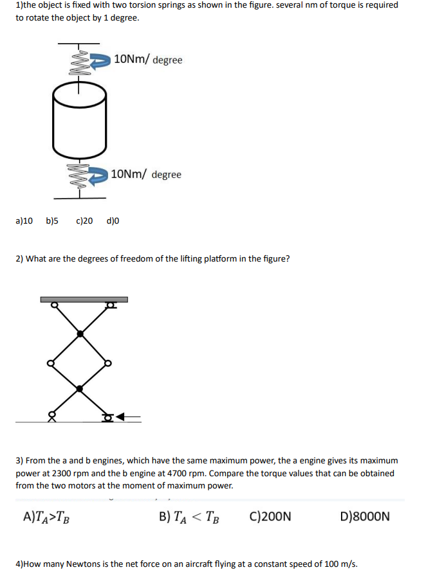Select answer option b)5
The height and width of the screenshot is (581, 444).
52,221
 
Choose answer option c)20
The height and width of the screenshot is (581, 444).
84,221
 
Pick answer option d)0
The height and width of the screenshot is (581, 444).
113,221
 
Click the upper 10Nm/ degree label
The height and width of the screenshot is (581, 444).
148,60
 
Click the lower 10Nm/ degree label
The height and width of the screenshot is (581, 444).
146,174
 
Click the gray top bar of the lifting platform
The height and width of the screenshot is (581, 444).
84,299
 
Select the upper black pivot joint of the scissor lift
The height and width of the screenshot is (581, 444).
80,334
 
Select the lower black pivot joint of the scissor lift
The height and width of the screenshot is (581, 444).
80,388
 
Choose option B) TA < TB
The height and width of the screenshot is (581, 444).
188,516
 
